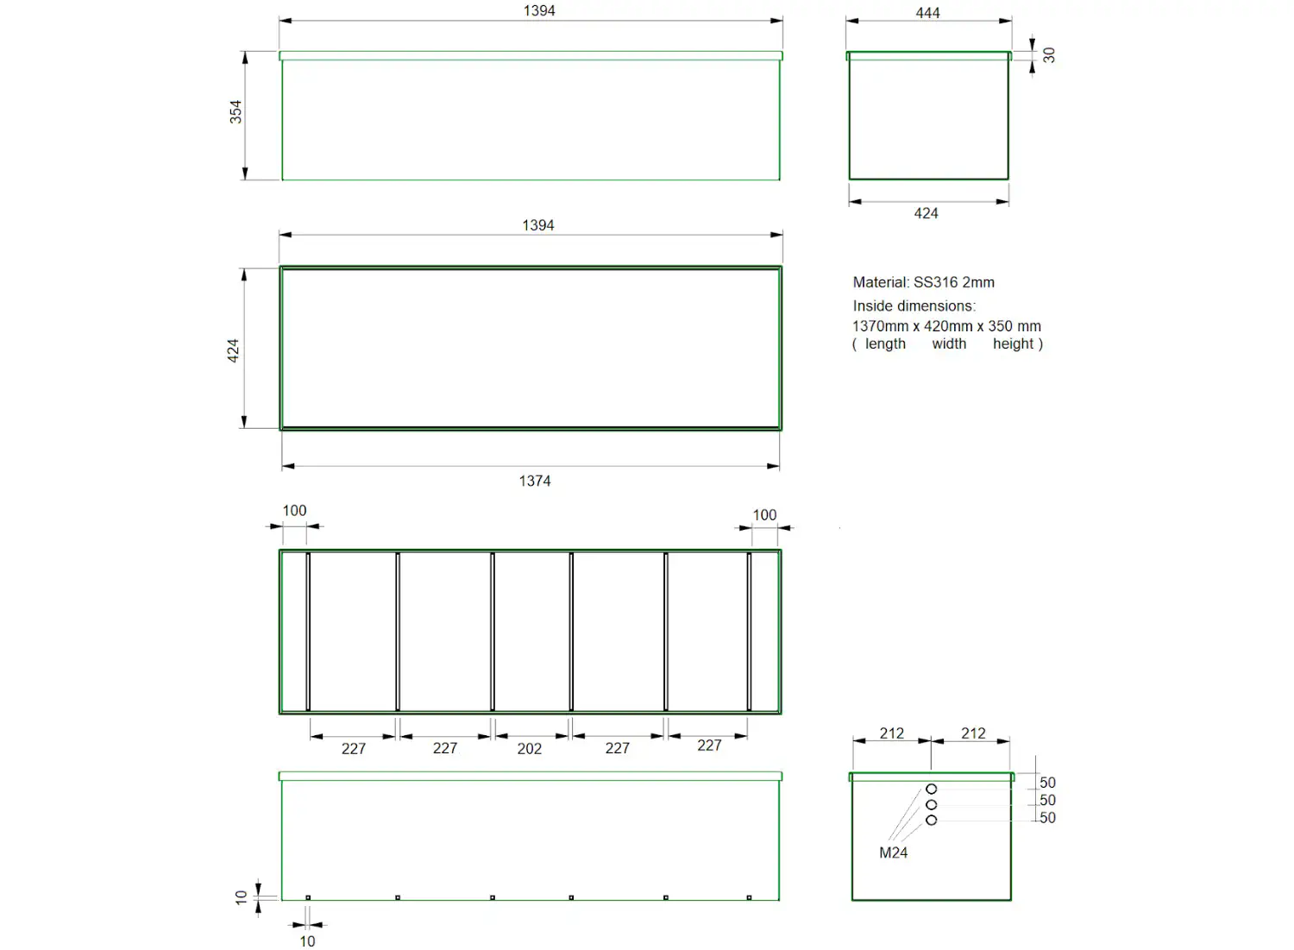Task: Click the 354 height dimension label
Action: click(236, 112)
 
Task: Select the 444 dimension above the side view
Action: click(927, 13)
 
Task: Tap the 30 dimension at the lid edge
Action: click(1049, 54)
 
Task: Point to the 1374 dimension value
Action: click(535, 481)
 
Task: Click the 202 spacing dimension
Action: click(530, 749)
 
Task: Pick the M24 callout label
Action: click(893, 852)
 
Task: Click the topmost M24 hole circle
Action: click(932, 789)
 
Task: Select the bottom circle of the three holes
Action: click(932, 820)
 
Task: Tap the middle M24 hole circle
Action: click(932, 804)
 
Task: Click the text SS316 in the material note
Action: click(935, 282)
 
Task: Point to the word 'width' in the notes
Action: click(949, 343)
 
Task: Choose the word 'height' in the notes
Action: click(1013, 343)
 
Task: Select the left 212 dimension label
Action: click(892, 733)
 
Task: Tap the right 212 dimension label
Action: click(973, 733)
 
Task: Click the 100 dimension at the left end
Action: click(294, 511)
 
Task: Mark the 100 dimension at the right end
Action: click(764, 515)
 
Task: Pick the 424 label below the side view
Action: click(926, 213)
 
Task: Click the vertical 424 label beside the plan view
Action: click(233, 350)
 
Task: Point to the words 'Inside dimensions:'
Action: click(914, 305)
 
